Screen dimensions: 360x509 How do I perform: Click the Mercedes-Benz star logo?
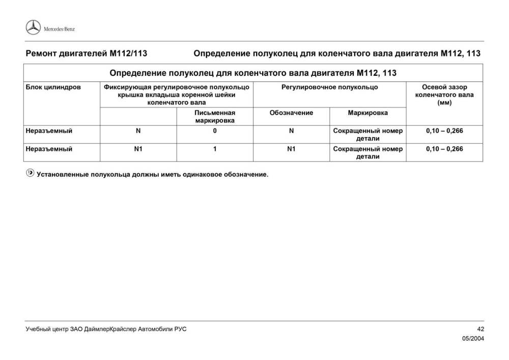(x=33, y=28)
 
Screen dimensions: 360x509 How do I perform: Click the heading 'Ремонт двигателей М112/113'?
(x=86, y=53)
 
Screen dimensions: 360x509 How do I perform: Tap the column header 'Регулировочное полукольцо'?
(x=329, y=87)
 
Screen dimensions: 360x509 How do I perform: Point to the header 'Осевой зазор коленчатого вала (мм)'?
(x=444, y=95)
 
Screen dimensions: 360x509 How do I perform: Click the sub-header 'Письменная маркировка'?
(x=215, y=117)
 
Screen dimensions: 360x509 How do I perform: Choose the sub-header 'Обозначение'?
(x=291, y=113)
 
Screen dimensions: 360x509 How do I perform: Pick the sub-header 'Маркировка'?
(x=367, y=113)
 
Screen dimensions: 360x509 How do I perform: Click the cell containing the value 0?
(x=215, y=131)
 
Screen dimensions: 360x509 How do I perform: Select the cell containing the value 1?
(x=215, y=149)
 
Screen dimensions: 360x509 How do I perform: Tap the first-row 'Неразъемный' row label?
(x=49, y=131)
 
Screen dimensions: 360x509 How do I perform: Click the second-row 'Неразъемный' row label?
(x=49, y=149)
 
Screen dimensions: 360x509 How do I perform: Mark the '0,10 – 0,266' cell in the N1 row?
(x=444, y=149)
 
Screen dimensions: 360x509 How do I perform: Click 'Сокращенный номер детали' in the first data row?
(x=367, y=134)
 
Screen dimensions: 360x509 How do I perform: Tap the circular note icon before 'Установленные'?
(x=30, y=174)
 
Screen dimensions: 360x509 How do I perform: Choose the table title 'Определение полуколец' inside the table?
(x=253, y=73)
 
